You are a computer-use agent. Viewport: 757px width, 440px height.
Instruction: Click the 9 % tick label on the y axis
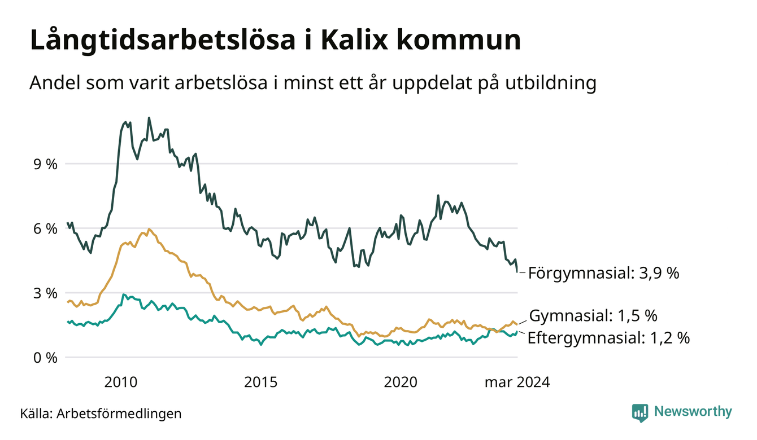pos(45,164)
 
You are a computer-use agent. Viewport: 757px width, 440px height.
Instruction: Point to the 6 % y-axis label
pos(45,229)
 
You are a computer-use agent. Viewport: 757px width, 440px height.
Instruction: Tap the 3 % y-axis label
pos(45,293)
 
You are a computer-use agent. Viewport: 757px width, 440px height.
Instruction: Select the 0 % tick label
pos(45,358)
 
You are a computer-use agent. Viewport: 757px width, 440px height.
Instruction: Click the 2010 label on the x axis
pos(121,382)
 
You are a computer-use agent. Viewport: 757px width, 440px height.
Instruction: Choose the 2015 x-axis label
pos(260,382)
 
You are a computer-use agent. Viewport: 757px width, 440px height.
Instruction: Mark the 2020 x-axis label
pos(401,382)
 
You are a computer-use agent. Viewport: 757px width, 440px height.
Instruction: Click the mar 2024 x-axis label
pos(517,382)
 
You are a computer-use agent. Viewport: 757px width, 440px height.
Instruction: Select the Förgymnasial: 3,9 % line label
pos(603,273)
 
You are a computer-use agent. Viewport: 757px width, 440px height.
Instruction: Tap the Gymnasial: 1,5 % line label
pos(593,316)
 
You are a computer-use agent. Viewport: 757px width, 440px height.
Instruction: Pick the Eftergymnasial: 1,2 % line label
pos(608,338)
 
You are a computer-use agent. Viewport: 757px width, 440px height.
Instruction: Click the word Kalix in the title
pos(354,40)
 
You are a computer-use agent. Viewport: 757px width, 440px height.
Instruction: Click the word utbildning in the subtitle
pos(551,82)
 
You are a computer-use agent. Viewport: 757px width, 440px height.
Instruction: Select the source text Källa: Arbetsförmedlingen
pos(101,413)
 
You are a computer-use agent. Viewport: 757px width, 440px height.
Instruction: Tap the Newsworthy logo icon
pos(640,413)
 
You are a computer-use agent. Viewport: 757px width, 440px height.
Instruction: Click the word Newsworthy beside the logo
pos(693,412)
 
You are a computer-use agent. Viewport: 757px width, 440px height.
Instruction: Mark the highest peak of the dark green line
pos(149,118)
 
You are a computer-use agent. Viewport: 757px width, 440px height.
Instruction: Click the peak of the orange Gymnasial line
pos(149,229)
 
